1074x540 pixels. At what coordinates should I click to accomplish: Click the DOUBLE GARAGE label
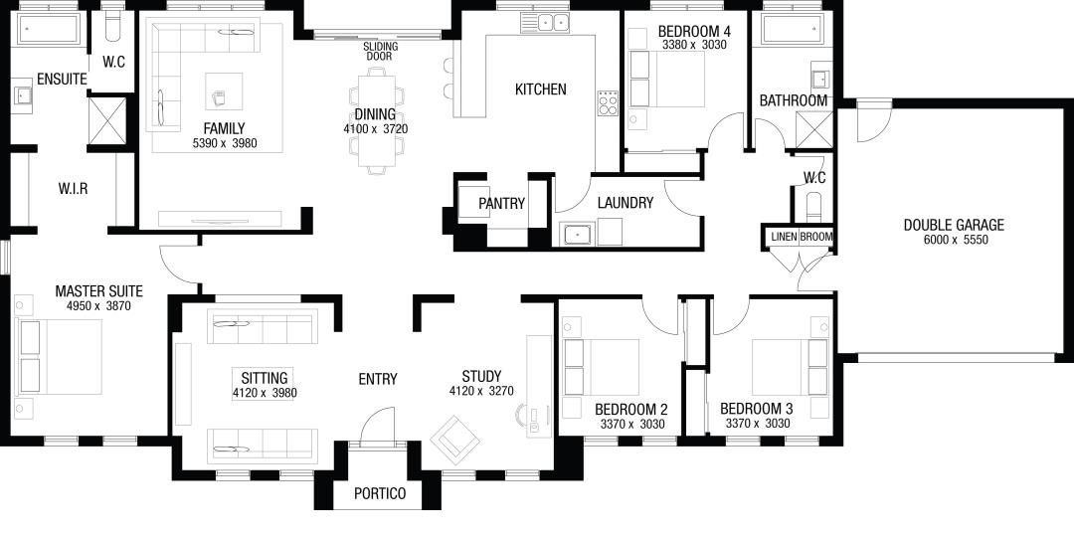click(x=954, y=225)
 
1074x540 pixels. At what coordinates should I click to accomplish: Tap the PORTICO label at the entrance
click(x=380, y=493)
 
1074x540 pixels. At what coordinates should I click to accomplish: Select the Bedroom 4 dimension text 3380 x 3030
click(x=694, y=45)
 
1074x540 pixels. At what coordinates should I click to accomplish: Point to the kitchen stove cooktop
click(x=607, y=102)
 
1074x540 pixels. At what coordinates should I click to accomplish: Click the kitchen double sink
click(x=554, y=22)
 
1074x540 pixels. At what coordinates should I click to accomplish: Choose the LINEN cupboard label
click(x=785, y=237)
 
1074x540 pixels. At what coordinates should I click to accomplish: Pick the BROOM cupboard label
click(x=816, y=237)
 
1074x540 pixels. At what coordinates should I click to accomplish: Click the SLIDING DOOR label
click(x=381, y=52)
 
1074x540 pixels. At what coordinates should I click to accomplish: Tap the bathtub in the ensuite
click(x=48, y=30)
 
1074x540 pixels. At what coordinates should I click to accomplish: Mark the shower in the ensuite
click(x=107, y=121)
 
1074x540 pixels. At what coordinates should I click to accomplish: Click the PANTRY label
click(x=501, y=204)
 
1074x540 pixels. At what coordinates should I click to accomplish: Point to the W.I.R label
click(x=74, y=188)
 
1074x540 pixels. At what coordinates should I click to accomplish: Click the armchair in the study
click(x=454, y=440)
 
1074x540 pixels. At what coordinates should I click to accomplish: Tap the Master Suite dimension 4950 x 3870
click(x=97, y=306)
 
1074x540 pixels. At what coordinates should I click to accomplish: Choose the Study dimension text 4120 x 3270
click(x=481, y=391)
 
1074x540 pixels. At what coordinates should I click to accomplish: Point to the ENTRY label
click(x=378, y=379)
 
